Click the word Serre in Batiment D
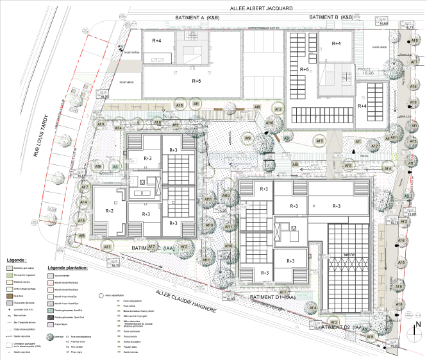[x=350, y=255]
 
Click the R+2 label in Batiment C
[x=109, y=210]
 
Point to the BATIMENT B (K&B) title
[x=331, y=17]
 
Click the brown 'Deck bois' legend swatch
[x=8, y=296]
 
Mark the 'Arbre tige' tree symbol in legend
[x=51, y=336]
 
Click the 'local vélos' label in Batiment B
[x=379, y=47]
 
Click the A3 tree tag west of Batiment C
[x=115, y=166]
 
